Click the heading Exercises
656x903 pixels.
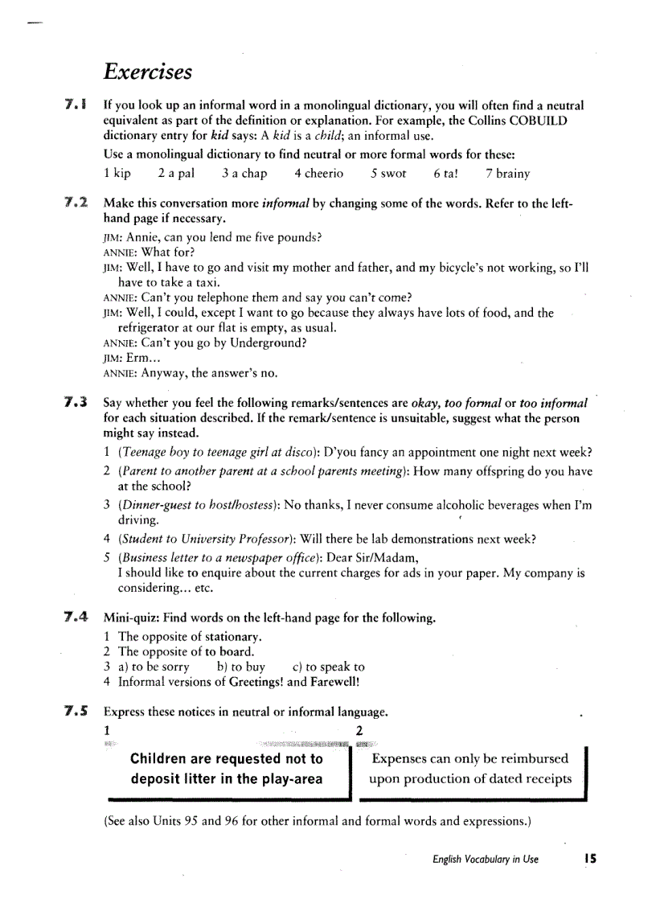148,72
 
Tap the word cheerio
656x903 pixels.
324,173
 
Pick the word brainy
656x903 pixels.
513,173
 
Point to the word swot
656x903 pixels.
393,173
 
